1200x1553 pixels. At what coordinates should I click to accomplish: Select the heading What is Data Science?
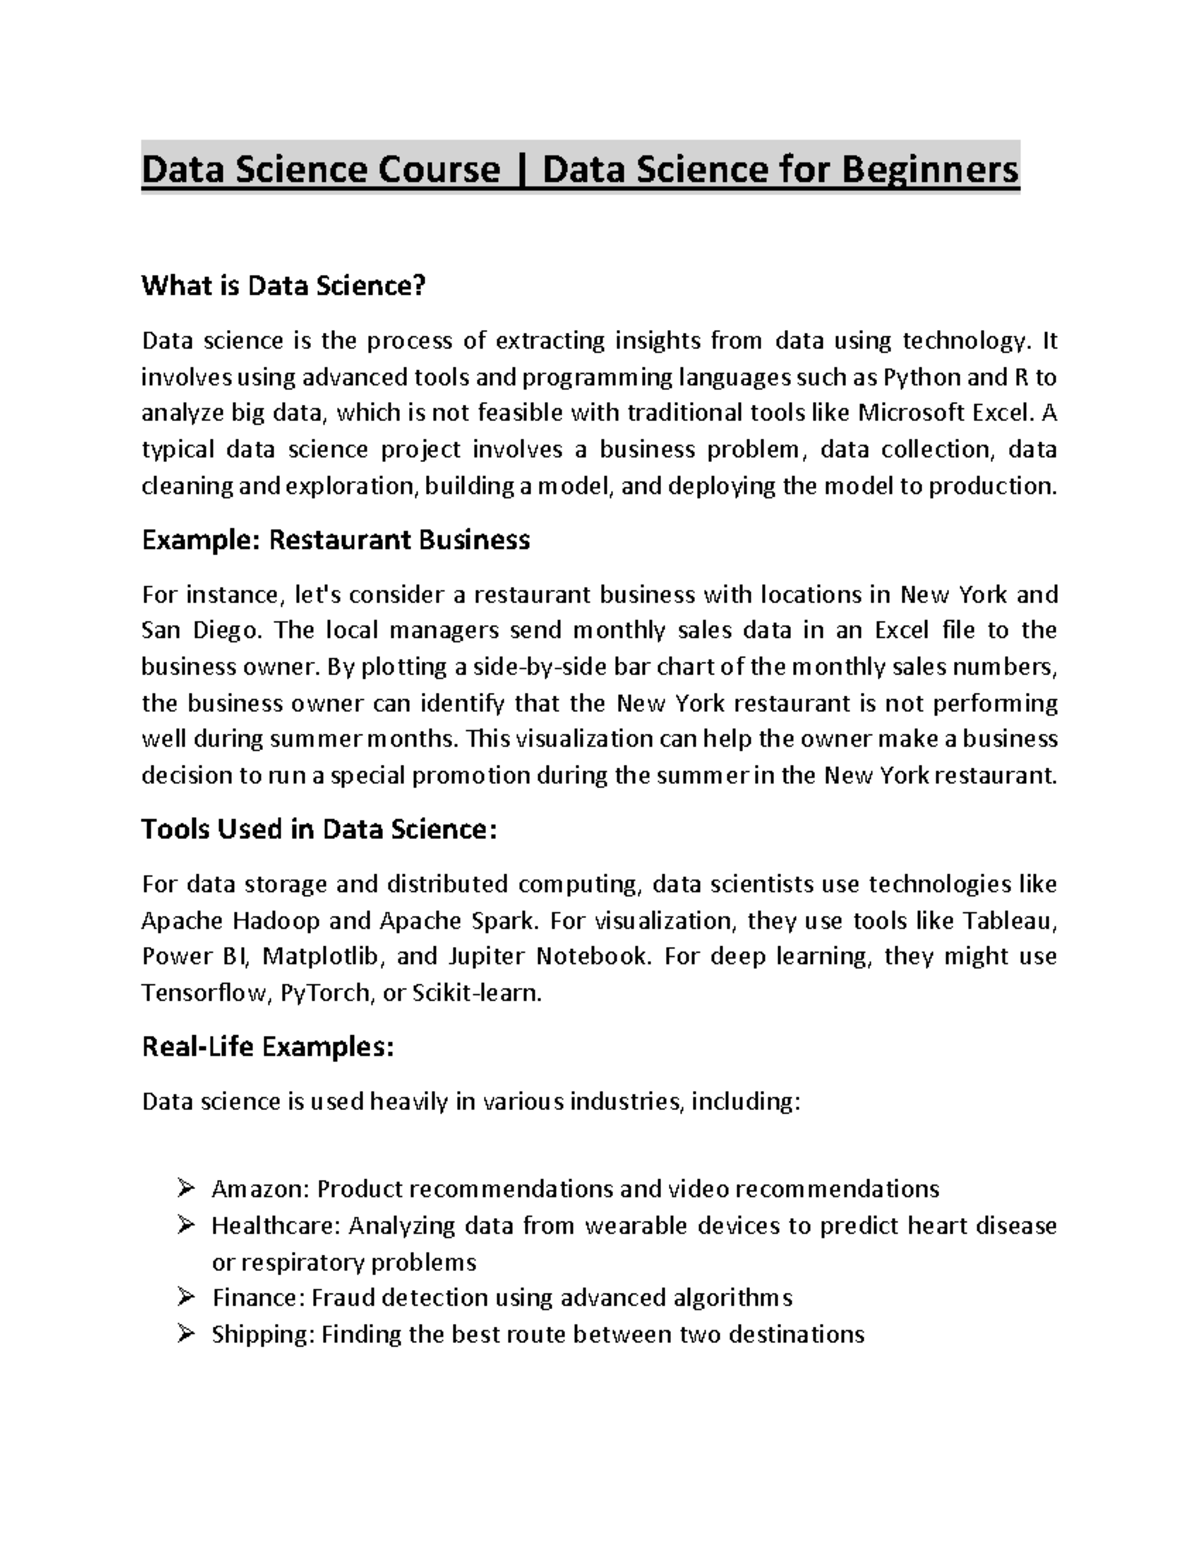point(284,287)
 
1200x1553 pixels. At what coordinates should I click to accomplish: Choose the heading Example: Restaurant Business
point(336,541)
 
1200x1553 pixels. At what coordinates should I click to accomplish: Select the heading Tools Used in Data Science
point(319,830)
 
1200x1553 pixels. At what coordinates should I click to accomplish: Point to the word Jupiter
point(486,956)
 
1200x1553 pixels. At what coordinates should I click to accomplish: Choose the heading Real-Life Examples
point(268,1048)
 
